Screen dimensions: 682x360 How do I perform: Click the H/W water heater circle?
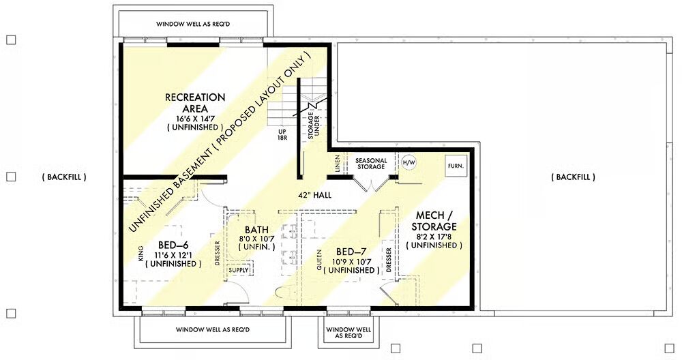pos(409,163)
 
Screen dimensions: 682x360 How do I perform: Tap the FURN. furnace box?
pos(456,166)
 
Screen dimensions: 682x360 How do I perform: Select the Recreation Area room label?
pos(195,103)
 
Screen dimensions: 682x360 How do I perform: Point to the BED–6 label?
pos(173,244)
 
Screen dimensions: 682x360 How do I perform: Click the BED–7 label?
pos(351,252)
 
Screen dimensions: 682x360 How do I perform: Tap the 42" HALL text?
pos(315,195)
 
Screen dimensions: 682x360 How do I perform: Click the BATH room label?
pos(256,230)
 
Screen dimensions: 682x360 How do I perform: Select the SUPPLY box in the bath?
pos(239,270)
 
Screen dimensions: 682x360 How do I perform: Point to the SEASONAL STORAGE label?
pos(371,164)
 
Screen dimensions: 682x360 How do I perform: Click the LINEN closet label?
pos(338,164)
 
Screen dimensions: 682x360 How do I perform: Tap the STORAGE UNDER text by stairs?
pos(314,126)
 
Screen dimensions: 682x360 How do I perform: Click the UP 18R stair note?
pos(282,134)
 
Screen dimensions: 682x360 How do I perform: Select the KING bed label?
pos(140,254)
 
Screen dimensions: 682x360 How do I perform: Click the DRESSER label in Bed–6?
pos(217,253)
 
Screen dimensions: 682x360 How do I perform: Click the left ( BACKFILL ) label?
pos(64,177)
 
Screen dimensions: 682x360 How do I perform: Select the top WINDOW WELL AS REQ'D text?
pos(193,24)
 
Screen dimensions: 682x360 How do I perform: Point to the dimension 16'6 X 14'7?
pos(195,118)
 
